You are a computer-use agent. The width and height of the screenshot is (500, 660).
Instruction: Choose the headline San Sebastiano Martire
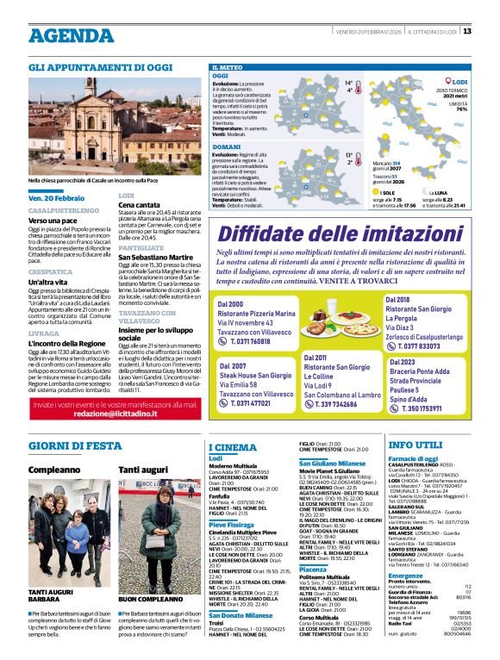pyautogui.click(x=155, y=257)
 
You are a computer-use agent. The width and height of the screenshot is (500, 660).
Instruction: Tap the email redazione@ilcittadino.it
pyautogui.click(x=115, y=414)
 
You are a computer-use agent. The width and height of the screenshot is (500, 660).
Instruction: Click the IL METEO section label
pyautogui.click(x=225, y=66)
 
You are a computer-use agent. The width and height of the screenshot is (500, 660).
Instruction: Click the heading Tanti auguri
pyautogui.click(x=142, y=470)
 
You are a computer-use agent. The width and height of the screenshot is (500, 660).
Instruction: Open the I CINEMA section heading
pyautogui.click(x=233, y=447)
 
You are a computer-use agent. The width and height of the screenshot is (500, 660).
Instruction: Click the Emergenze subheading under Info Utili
pyautogui.click(x=405, y=575)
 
